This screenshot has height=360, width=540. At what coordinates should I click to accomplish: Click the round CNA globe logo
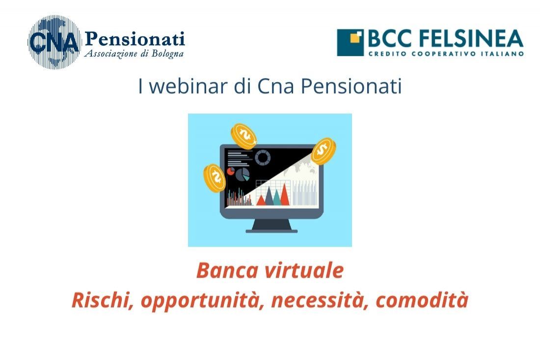(x=54, y=42)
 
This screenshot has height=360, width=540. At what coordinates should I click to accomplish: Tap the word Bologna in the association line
(x=167, y=54)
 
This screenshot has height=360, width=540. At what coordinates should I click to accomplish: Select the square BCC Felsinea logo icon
(x=350, y=42)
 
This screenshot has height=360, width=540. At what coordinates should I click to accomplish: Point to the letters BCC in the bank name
(x=390, y=38)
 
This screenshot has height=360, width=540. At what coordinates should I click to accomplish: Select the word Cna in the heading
(x=275, y=86)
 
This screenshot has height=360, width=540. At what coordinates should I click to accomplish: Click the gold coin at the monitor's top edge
(x=244, y=136)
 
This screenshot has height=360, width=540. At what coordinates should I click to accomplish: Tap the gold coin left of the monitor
(x=215, y=178)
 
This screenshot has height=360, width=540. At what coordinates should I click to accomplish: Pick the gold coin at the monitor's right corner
(x=324, y=151)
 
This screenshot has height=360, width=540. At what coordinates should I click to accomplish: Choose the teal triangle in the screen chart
(x=269, y=196)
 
